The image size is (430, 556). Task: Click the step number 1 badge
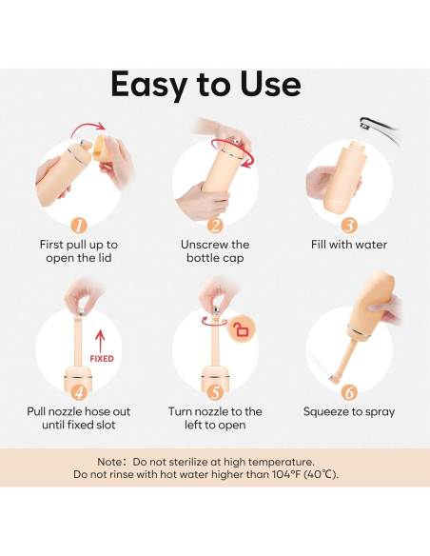pyautogui.click(x=79, y=226)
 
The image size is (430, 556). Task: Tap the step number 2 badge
pyautogui.click(x=215, y=226)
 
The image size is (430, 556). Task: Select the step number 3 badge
pyautogui.click(x=349, y=226)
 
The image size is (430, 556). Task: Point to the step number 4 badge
pyautogui.click(x=79, y=392)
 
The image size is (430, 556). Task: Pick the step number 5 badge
pyautogui.click(x=215, y=392)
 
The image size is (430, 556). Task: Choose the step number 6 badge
pyautogui.click(x=349, y=392)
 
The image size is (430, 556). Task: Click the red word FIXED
pyautogui.click(x=102, y=359)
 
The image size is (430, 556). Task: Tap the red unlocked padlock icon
pyautogui.click(x=243, y=330)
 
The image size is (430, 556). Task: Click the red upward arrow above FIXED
pyautogui.click(x=100, y=341)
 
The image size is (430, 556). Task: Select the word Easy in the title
pyautogui.click(x=148, y=86)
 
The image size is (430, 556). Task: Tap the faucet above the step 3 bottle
pyautogui.click(x=379, y=129)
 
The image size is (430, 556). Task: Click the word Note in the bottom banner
pyautogui.click(x=109, y=462)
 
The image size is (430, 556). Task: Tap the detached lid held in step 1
pyautogui.click(x=101, y=148)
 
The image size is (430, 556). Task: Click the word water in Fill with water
pyautogui.click(x=371, y=245)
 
